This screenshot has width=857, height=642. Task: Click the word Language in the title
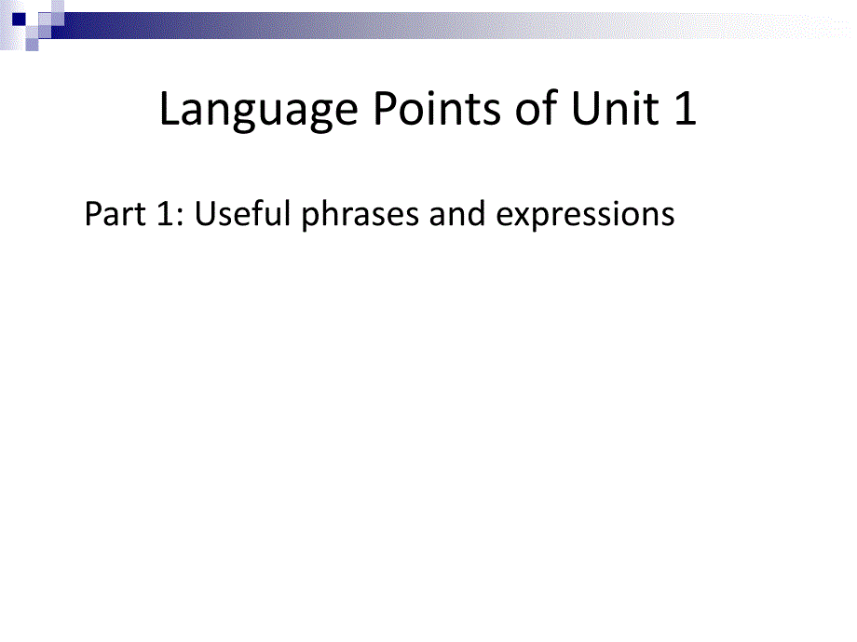point(259,109)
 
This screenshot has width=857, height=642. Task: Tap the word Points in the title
point(437,107)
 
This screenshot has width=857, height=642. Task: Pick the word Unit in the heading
point(615,107)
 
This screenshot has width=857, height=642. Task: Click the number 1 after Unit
point(686,108)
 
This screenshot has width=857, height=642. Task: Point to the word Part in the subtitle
point(115,213)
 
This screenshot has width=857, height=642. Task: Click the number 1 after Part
point(165,213)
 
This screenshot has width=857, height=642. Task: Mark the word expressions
point(585,215)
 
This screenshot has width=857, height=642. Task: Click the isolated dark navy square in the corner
point(20,20)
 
